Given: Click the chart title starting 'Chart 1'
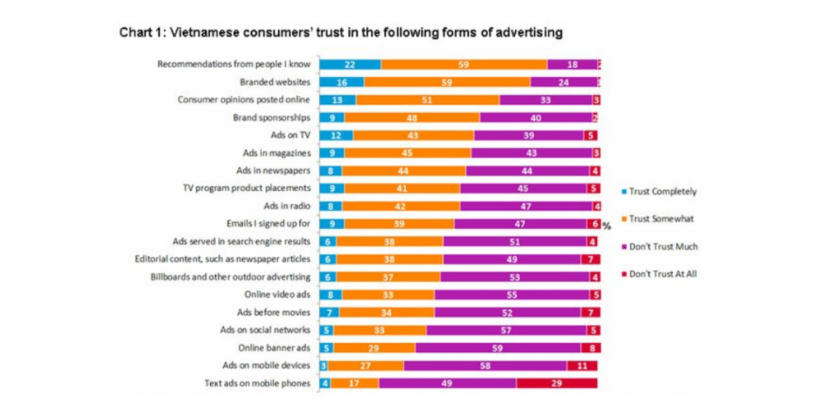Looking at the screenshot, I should tap(340, 33).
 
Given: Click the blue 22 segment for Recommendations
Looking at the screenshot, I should tap(349, 64).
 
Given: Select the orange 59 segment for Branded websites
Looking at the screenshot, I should tap(447, 82).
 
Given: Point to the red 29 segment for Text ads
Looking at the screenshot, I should tap(557, 383).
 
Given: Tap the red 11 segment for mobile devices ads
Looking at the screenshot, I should tap(582, 365).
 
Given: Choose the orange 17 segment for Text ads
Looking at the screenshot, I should tap(354, 383).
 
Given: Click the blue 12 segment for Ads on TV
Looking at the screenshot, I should tap(336, 135).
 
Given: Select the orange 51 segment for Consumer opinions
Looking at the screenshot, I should tap(427, 100).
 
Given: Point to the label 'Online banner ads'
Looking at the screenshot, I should tap(276, 348).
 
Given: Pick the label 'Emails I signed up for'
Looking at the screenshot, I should tap(267, 223).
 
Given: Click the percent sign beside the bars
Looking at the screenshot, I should tap(607, 226).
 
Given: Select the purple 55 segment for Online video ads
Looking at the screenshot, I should tap(511, 294).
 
